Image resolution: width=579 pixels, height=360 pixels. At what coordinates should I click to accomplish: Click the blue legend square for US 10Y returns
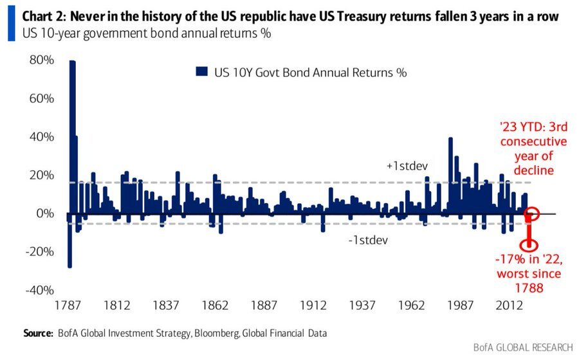201,72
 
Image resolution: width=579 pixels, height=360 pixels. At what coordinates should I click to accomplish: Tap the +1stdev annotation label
408,166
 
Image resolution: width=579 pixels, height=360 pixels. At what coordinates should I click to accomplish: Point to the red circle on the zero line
531,213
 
